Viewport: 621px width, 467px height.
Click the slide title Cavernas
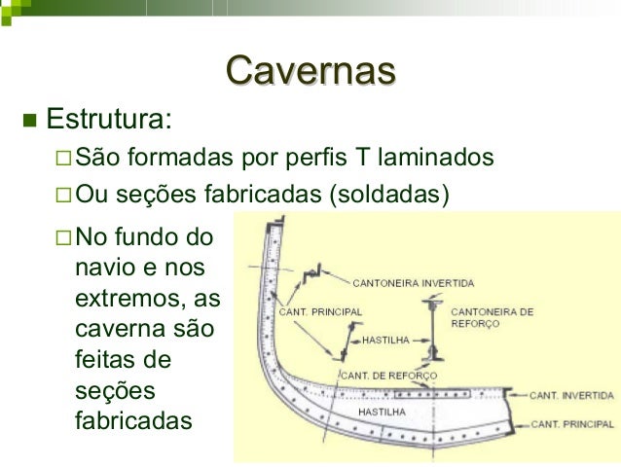[310, 70]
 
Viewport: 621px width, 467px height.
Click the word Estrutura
[110, 121]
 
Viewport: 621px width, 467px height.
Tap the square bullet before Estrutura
[27, 122]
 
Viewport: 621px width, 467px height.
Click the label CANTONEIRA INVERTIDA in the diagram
[413, 284]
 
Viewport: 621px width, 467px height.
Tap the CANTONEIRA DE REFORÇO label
[493, 318]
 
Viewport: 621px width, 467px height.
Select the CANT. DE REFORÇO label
[388, 375]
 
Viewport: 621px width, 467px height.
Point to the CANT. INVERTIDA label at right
[571, 396]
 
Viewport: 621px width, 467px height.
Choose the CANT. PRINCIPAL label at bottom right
[571, 425]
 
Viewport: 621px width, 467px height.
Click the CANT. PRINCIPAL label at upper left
[320, 311]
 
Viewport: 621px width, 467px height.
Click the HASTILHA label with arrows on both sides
[389, 341]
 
